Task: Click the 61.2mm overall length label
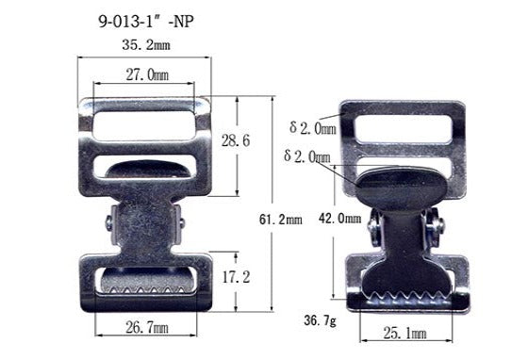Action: pos(282,220)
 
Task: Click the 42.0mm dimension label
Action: pos(336,218)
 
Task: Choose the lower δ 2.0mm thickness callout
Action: pos(307,155)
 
